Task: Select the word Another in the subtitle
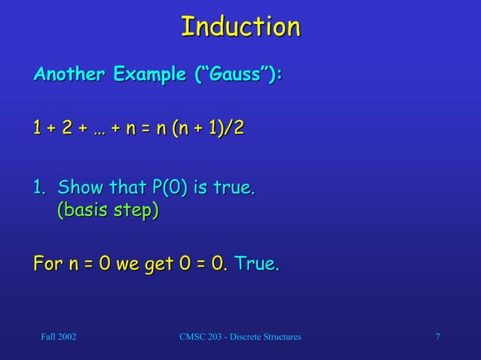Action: point(69,76)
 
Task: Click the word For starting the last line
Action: point(47,264)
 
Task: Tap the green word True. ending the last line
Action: point(257,264)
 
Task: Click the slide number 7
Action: point(438,337)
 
